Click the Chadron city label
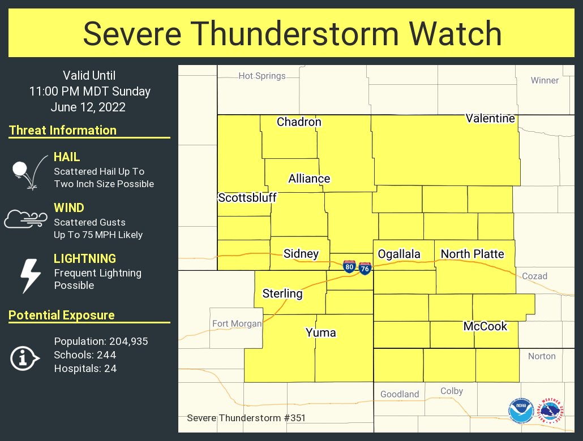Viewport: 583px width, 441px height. pyautogui.click(x=299, y=122)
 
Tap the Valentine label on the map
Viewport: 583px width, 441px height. pyautogui.click(x=490, y=118)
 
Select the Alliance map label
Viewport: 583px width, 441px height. pyautogui.click(x=309, y=179)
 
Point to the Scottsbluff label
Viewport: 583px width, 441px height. pyautogui.click(x=247, y=198)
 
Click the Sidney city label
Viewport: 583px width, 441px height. pyautogui.click(x=301, y=254)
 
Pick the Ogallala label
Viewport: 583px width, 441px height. pyautogui.click(x=399, y=254)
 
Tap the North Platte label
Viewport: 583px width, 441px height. pyautogui.click(x=473, y=254)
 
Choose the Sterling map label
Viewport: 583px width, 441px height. pyautogui.click(x=282, y=293)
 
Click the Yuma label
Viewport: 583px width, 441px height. pyautogui.click(x=321, y=332)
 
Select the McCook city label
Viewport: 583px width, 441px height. pyautogui.click(x=486, y=326)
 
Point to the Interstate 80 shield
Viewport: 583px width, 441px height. pyautogui.click(x=349, y=267)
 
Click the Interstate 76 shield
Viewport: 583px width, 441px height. pyautogui.click(x=365, y=269)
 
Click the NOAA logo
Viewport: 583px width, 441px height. pyautogui.click(x=521, y=411)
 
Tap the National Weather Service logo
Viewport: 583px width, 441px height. pyautogui.click(x=551, y=411)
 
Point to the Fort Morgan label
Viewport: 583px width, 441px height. pyautogui.click(x=237, y=324)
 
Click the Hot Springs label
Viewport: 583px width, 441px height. pyautogui.click(x=262, y=76)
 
